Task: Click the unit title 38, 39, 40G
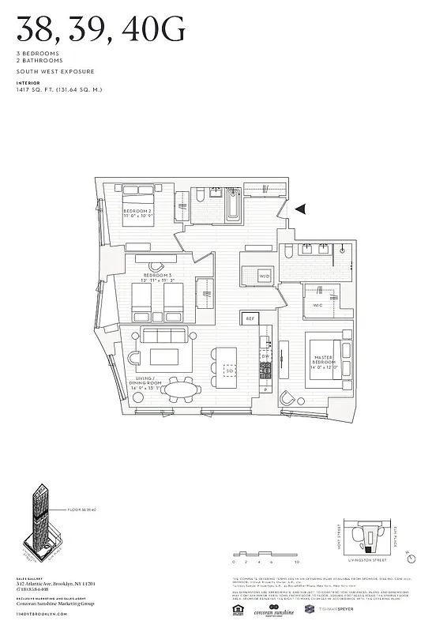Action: pos(101,31)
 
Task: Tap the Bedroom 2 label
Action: pos(137,213)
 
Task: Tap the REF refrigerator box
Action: pos(250,318)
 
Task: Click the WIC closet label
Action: pos(317,304)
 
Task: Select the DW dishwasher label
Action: pos(266,356)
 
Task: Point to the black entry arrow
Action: pos(300,209)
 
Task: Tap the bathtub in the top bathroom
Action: pos(234,203)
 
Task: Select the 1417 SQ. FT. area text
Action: pos(58,89)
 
